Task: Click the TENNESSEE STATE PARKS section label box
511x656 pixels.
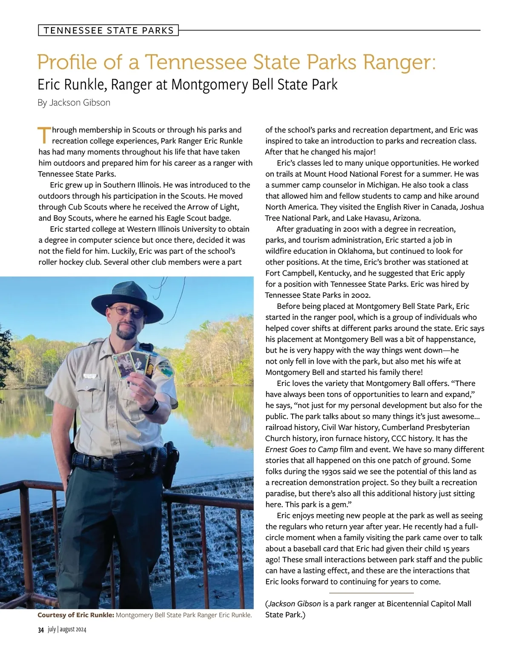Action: pyautogui.click(x=108, y=31)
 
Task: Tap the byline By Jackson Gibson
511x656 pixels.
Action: pyautogui.click(x=74, y=103)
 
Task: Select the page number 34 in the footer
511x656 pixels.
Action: pyautogui.click(x=41, y=630)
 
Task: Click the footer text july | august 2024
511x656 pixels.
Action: pyautogui.click(x=67, y=630)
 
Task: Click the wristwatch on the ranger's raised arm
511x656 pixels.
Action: pyautogui.click(x=154, y=406)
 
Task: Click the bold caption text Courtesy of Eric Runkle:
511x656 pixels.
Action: pyautogui.click(x=75, y=615)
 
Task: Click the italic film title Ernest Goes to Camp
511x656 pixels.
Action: pyautogui.click(x=301, y=449)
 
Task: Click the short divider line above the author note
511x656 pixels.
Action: pyautogui.click(x=371, y=593)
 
